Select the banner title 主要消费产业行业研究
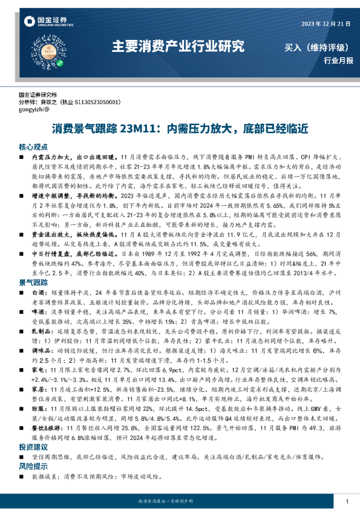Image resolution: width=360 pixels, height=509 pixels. (179, 47)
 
